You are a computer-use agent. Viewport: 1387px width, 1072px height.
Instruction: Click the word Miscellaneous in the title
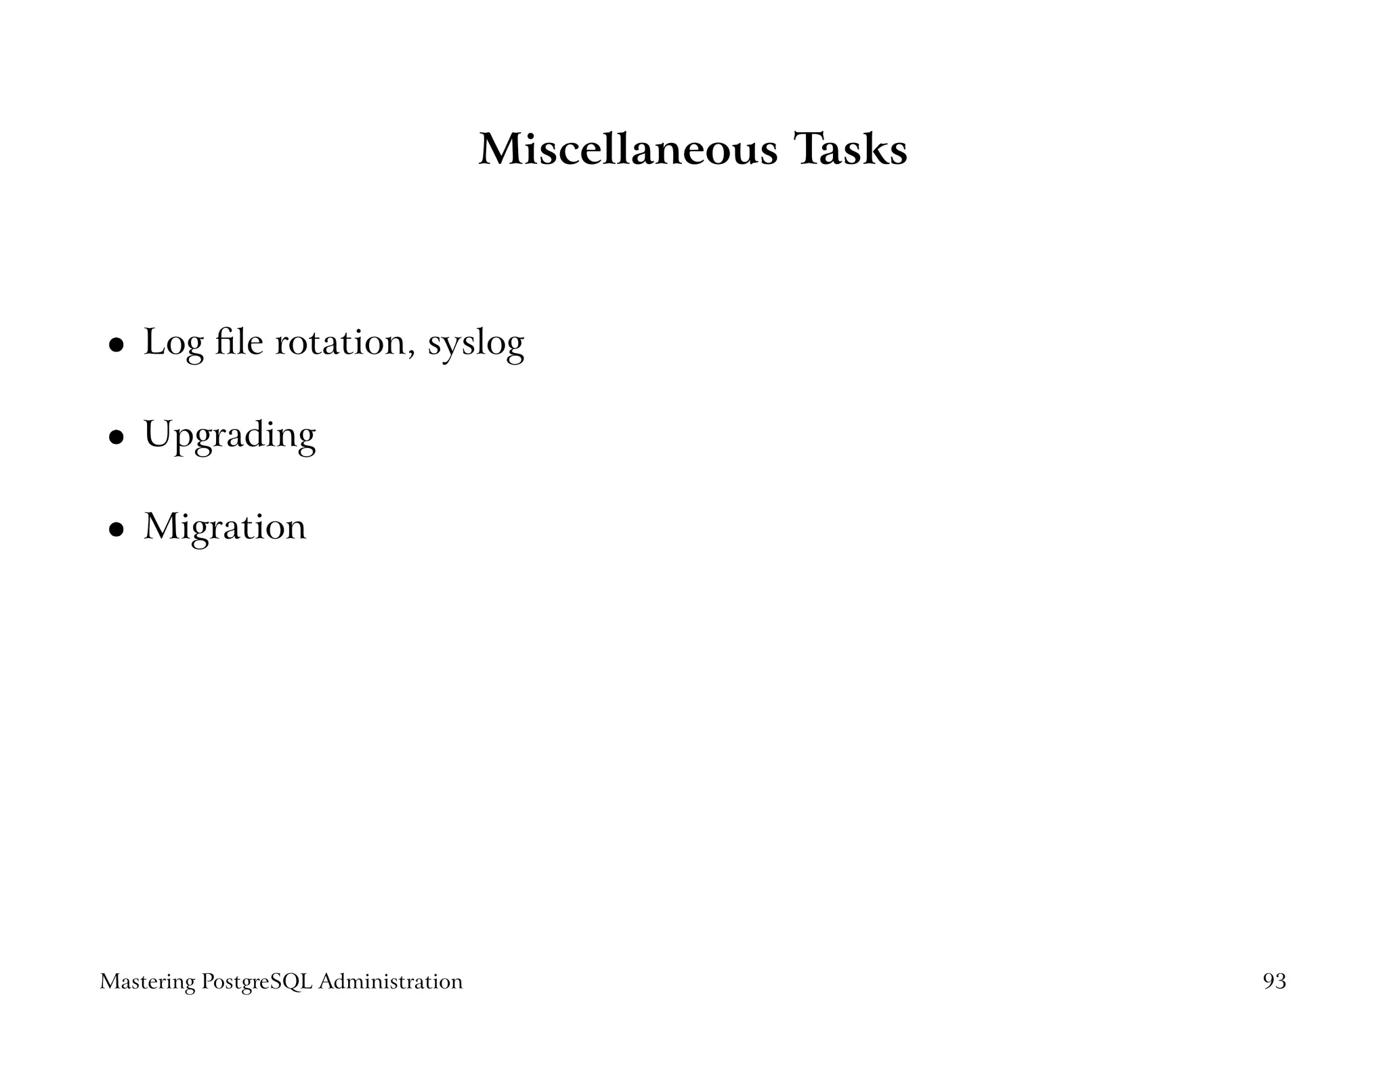coord(628,150)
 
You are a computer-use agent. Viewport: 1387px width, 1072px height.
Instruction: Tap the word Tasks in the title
coord(851,150)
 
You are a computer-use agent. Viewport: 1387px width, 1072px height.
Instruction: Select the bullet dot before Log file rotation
coord(117,345)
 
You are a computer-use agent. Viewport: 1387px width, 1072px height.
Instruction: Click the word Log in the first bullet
coord(173,343)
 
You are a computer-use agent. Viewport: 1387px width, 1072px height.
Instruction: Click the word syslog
coord(475,344)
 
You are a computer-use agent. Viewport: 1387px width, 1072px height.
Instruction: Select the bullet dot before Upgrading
coord(117,437)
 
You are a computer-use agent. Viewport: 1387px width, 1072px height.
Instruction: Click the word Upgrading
coord(230,436)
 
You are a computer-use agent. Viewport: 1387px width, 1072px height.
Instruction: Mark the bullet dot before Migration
coord(117,529)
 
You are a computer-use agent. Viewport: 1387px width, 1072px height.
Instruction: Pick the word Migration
coord(225,528)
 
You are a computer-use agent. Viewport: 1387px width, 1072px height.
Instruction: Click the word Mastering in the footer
coord(148,982)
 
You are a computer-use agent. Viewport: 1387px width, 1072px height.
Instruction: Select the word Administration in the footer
coord(390,981)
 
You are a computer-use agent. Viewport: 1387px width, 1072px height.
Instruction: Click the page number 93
coord(1274,981)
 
